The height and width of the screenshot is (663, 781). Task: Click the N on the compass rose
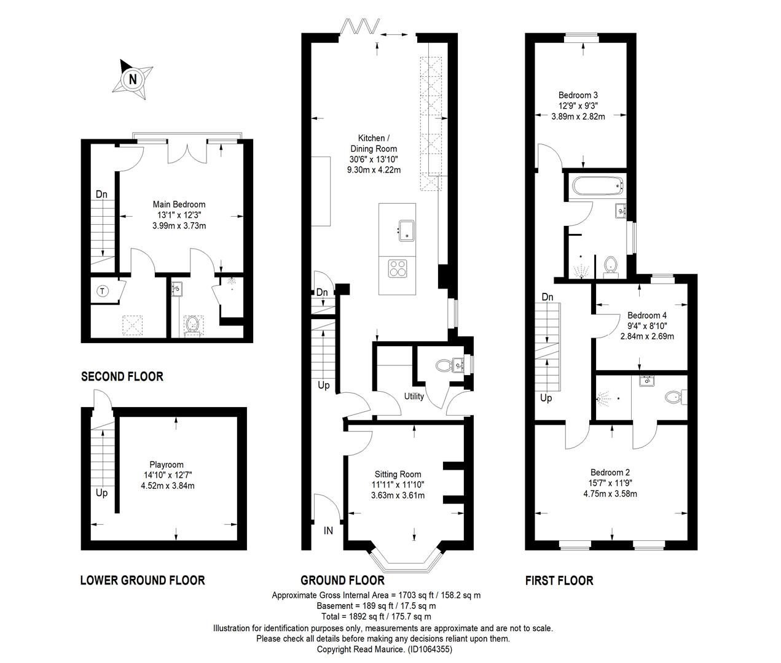pyautogui.click(x=133, y=80)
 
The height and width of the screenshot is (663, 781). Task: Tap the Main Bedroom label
pyautogui.click(x=179, y=204)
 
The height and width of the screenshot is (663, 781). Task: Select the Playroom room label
pyautogui.click(x=167, y=464)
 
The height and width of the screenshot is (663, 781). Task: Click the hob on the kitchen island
pyautogui.click(x=398, y=268)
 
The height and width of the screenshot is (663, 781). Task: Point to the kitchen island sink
pyautogui.click(x=406, y=230)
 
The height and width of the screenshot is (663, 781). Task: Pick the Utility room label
pyautogui.click(x=414, y=396)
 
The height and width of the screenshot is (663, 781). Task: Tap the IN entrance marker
pyautogui.click(x=328, y=530)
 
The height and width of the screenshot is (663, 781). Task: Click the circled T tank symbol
pyautogui.click(x=103, y=291)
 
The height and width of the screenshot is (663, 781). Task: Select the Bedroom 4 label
pyautogui.click(x=647, y=315)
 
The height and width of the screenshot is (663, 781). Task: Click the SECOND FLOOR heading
pyautogui.click(x=122, y=376)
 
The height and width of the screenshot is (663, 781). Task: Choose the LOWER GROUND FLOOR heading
pyautogui.click(x=143, y=580)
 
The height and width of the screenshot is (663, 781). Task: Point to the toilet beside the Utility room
pyautogui.click(x=444, y=365)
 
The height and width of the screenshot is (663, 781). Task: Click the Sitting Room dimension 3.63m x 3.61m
pyautogui.click(x=398, y=495)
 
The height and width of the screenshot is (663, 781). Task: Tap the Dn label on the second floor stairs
pyautogui.click(x=101, y=194)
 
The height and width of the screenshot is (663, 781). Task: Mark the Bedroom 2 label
pyautogui.click(x=610, y=472)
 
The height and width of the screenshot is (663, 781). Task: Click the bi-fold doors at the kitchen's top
pyautogui.click(x=359, y=26)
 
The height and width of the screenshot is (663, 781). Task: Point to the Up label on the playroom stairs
pyautogui.click(x=101, y=493)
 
